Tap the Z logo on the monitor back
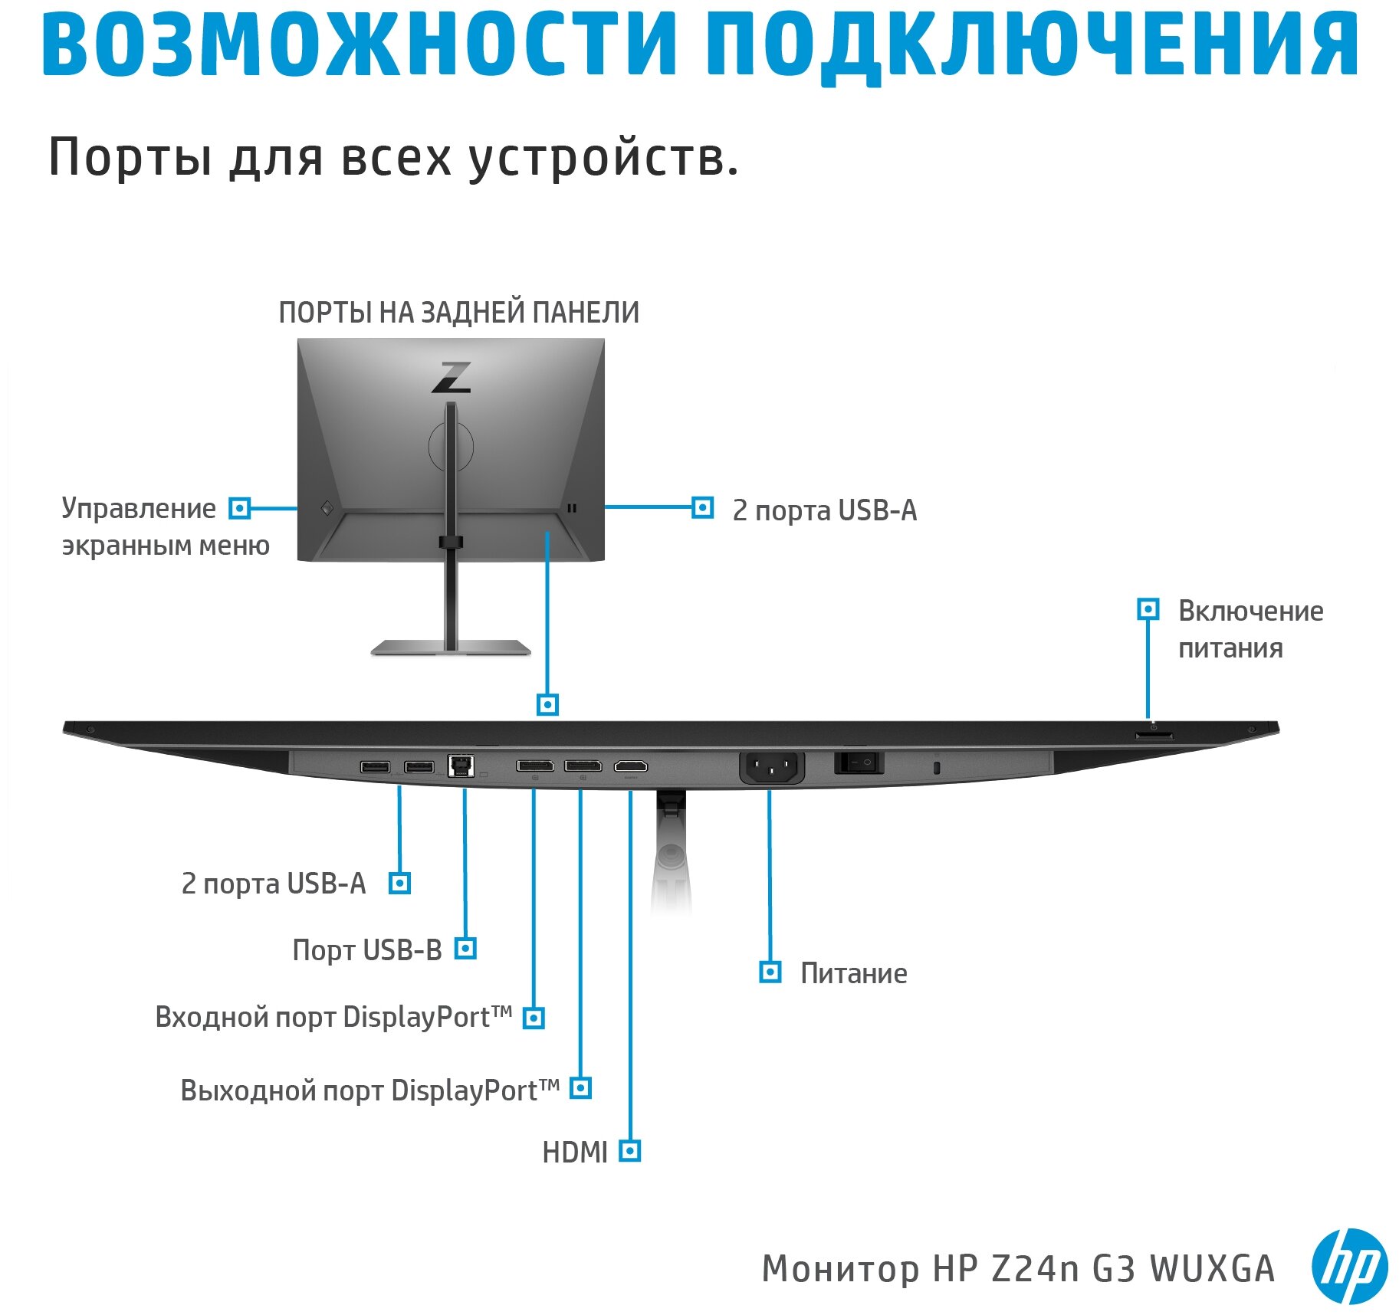tap(451, 377)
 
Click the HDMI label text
tap(574, 1153)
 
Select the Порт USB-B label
tap(367, 950)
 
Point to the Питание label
tap(853, 973)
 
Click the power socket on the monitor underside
tap(771, 766)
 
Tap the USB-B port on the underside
tap(460, 766)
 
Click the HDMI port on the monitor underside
tap(630, 766)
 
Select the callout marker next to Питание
tap(770, 972)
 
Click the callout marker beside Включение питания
tap(1148, 609)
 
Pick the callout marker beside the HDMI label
tap(629, 1151)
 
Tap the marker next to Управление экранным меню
tap(240, 508)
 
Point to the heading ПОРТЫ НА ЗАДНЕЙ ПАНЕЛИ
tap(458, 313)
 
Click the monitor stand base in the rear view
tap(451, 648)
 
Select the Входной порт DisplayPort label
tap(333, 1018)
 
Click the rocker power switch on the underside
tap(859, 763)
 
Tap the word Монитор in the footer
tap(839, 1269)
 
